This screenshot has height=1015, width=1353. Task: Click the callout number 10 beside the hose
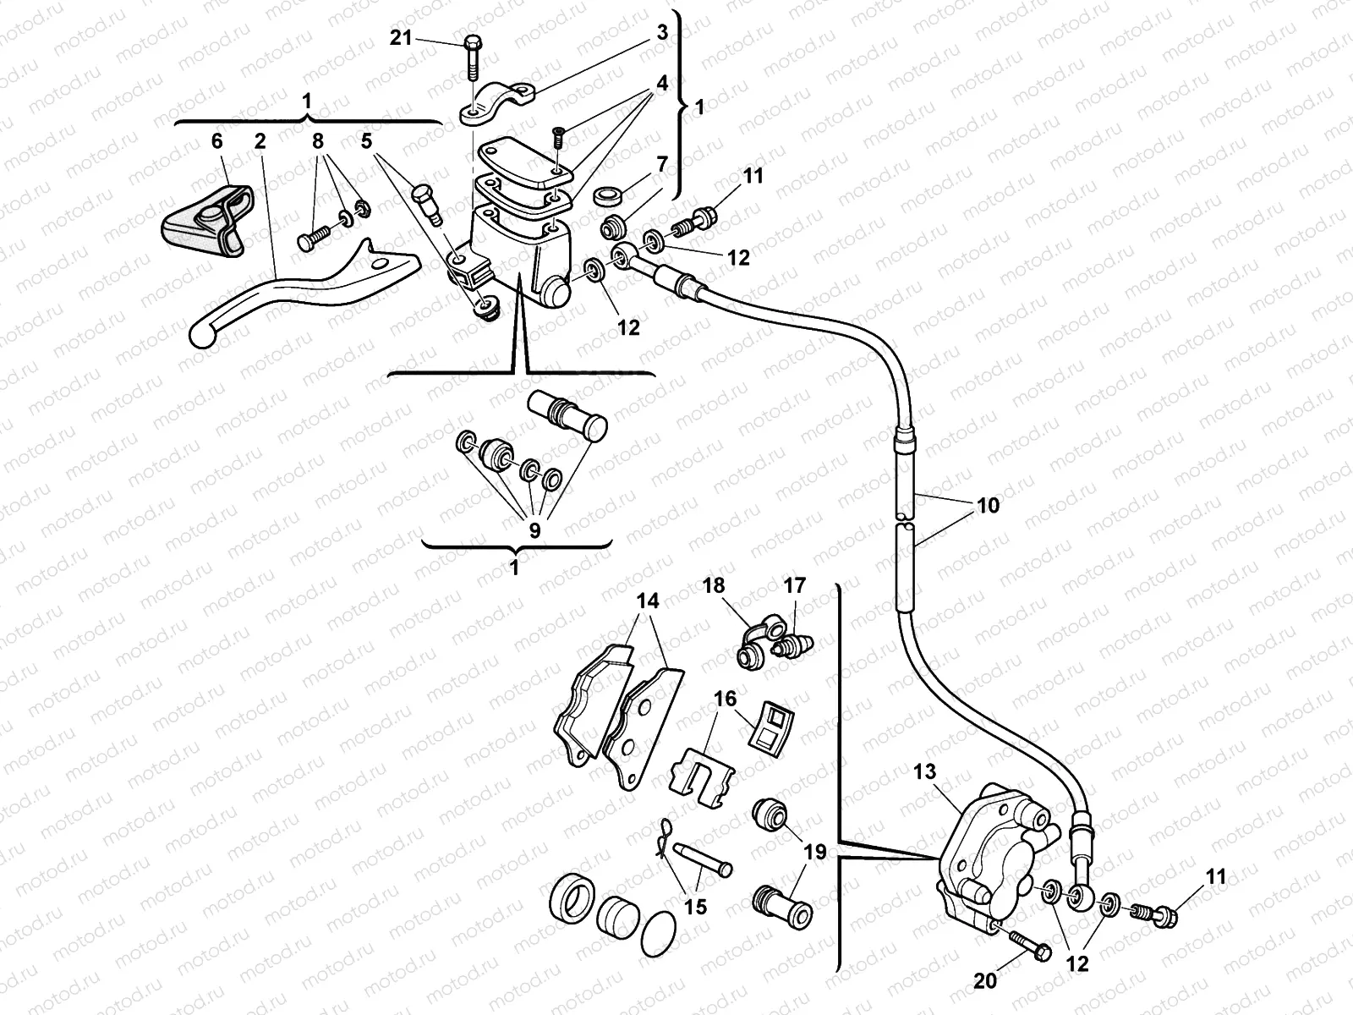(x=987, y=505)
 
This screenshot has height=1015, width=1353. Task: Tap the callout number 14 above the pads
(x=648, y=601)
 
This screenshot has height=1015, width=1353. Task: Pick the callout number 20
(x=986, y=981)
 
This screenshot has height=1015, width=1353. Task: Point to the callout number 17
(x=795, y=585)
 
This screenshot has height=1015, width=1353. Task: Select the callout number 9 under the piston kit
(x=534, y=530)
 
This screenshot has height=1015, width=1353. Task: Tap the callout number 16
(x=725, y=700)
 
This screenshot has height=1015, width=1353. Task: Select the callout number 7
(x=661, y=164)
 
